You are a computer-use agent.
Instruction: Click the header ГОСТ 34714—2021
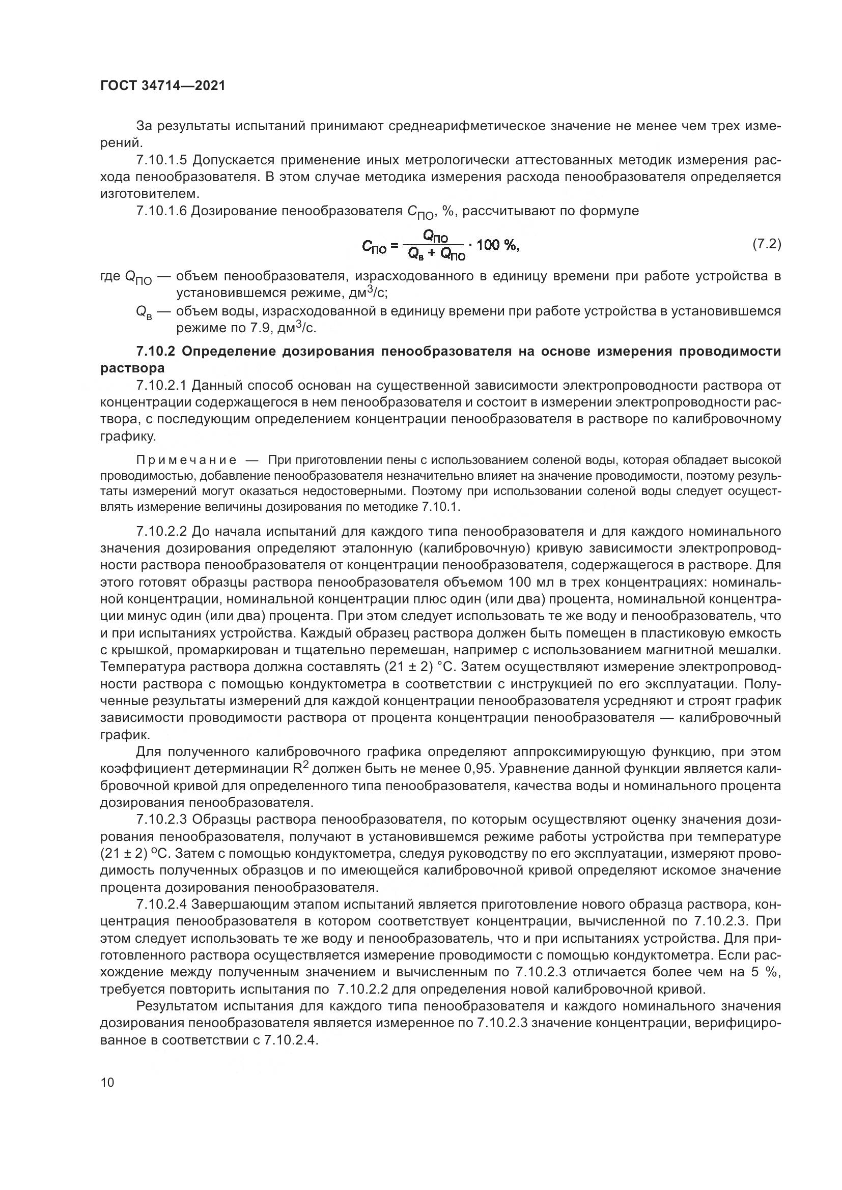coord(163,86)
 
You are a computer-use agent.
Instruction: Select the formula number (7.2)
coord(766,244)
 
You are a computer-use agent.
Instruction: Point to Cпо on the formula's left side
coord(374,248)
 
